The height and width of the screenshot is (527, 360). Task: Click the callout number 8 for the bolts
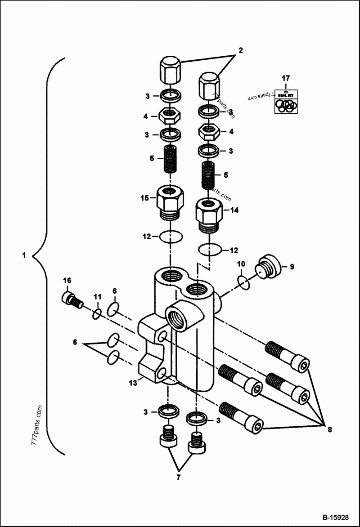point(329,429)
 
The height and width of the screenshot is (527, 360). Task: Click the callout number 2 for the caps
point(240,51)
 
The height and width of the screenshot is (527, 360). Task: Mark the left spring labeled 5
point(171,160)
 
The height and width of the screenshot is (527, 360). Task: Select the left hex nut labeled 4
point(171,117)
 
